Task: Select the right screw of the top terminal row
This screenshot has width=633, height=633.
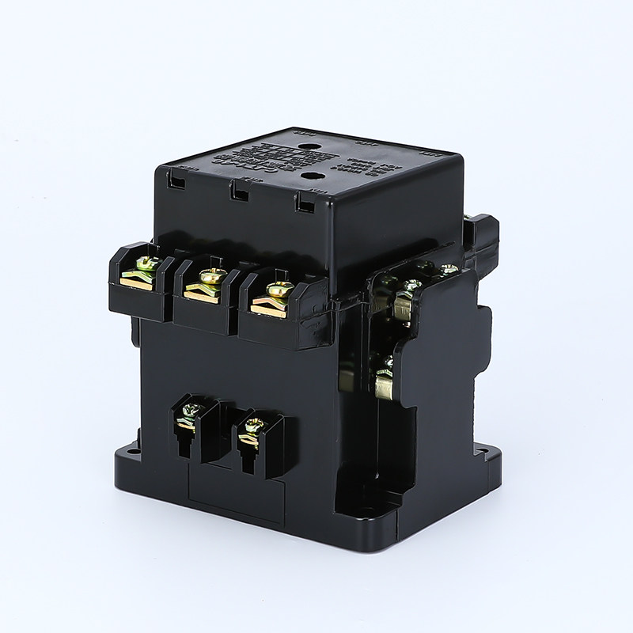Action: coord(276,290)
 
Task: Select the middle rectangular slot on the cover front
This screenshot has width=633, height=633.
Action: coord(236,191)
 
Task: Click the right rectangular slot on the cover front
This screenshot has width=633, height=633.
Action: coord(301,202)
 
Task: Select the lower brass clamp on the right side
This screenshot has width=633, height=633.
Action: coord(386,386)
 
